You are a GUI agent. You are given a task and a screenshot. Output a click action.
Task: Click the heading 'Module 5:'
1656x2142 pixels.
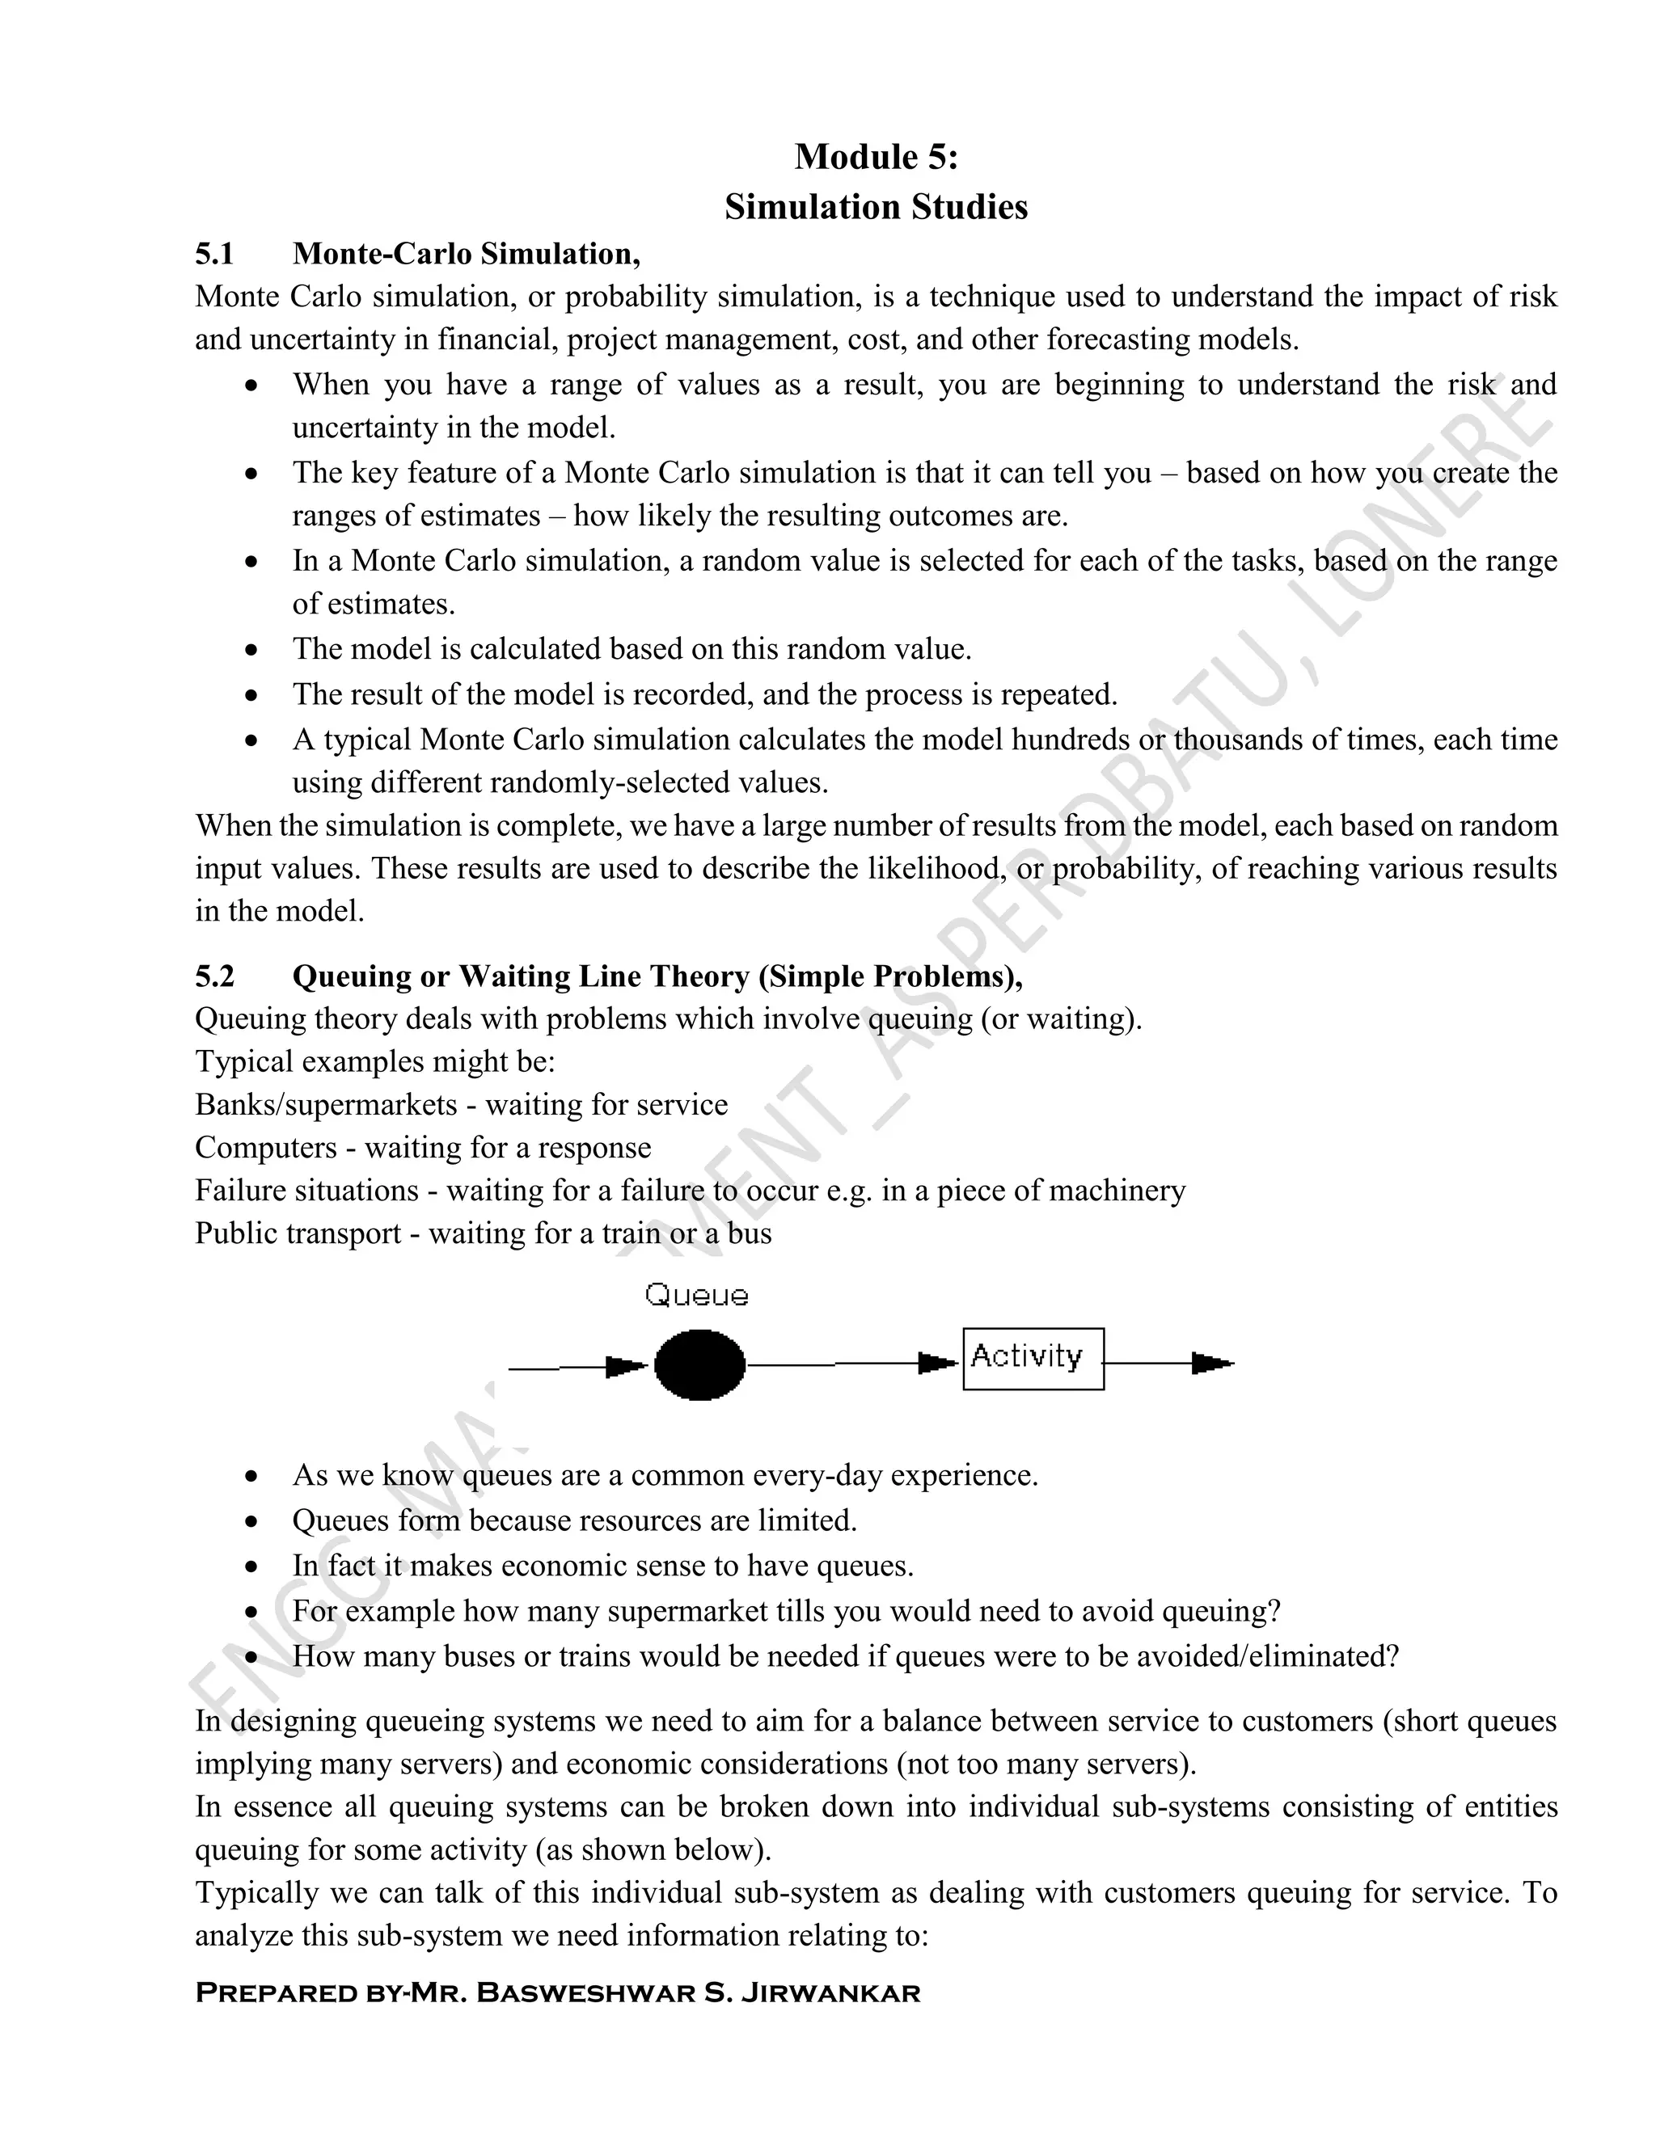tap(875, 157)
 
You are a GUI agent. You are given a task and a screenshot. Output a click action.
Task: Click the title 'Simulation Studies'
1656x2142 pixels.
tap(875, 207)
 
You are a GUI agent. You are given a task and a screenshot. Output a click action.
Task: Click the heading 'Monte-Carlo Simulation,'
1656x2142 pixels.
tap(466, 254)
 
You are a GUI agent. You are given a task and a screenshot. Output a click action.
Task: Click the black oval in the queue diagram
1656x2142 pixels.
tap(699, 1364)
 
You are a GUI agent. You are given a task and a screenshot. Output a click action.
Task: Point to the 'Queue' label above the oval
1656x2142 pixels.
tap(696, 1296)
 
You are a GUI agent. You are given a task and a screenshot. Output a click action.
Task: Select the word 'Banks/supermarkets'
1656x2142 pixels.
tap(326, 1104)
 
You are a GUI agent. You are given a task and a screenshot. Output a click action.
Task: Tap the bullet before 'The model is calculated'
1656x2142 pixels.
tap(252, 650)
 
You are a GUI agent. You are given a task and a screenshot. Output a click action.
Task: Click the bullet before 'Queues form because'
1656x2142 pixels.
tap(252, 1521)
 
